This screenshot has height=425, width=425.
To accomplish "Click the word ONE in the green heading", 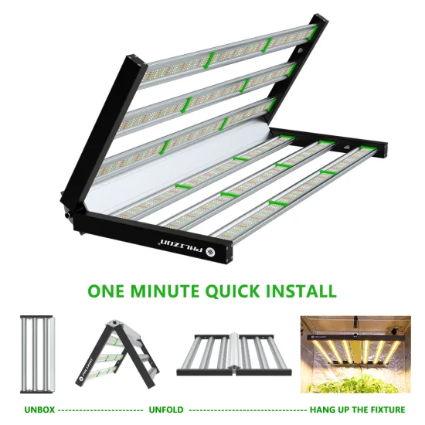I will pos(107,291).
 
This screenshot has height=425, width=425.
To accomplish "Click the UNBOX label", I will pos(34,409).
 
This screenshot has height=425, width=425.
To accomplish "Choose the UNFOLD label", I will pos(166,409).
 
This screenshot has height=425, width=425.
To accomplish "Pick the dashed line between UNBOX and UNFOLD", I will pos(98,409).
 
